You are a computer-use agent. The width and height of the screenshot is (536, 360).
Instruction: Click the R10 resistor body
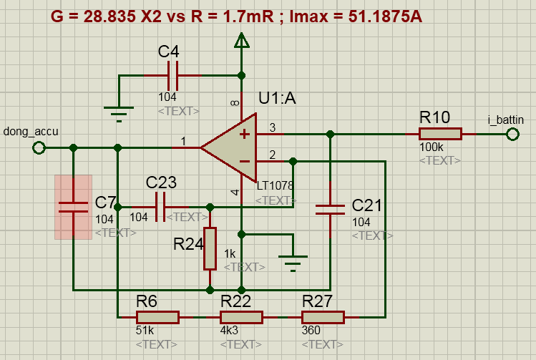coord(440,134)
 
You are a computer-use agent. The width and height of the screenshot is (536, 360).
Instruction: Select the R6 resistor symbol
coord(157,317)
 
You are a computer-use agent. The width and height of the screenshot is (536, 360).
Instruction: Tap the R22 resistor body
coord(241,317)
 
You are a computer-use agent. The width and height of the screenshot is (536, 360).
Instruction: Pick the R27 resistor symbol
coord(323,317)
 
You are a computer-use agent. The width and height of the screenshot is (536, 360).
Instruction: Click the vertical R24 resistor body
coord(210,248)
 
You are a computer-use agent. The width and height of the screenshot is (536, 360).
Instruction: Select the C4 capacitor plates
coord(172,76)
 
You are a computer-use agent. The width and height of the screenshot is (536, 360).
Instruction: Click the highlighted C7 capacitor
coord(73,207)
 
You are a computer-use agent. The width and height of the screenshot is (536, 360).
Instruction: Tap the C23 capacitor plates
coord(160,207)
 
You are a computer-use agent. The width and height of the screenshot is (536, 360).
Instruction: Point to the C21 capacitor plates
coord(330,210)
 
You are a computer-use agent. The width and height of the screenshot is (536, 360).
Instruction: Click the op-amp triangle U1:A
coord(233,147)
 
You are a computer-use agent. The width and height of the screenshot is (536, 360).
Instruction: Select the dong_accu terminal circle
coord(39,147)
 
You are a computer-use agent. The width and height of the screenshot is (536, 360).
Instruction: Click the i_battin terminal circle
coord(512,134)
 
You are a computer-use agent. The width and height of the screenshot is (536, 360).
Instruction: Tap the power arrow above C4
coord(241,40)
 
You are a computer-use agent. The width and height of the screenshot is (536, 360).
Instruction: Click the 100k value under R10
coord(432,147)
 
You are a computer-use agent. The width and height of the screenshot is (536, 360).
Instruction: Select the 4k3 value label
coord(229,330)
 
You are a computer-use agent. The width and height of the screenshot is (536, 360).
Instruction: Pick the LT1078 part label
coord(276,185)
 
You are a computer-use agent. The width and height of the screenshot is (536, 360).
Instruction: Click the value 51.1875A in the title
coord(385,16)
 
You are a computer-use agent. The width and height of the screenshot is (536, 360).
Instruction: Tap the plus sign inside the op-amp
coord(245,134)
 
